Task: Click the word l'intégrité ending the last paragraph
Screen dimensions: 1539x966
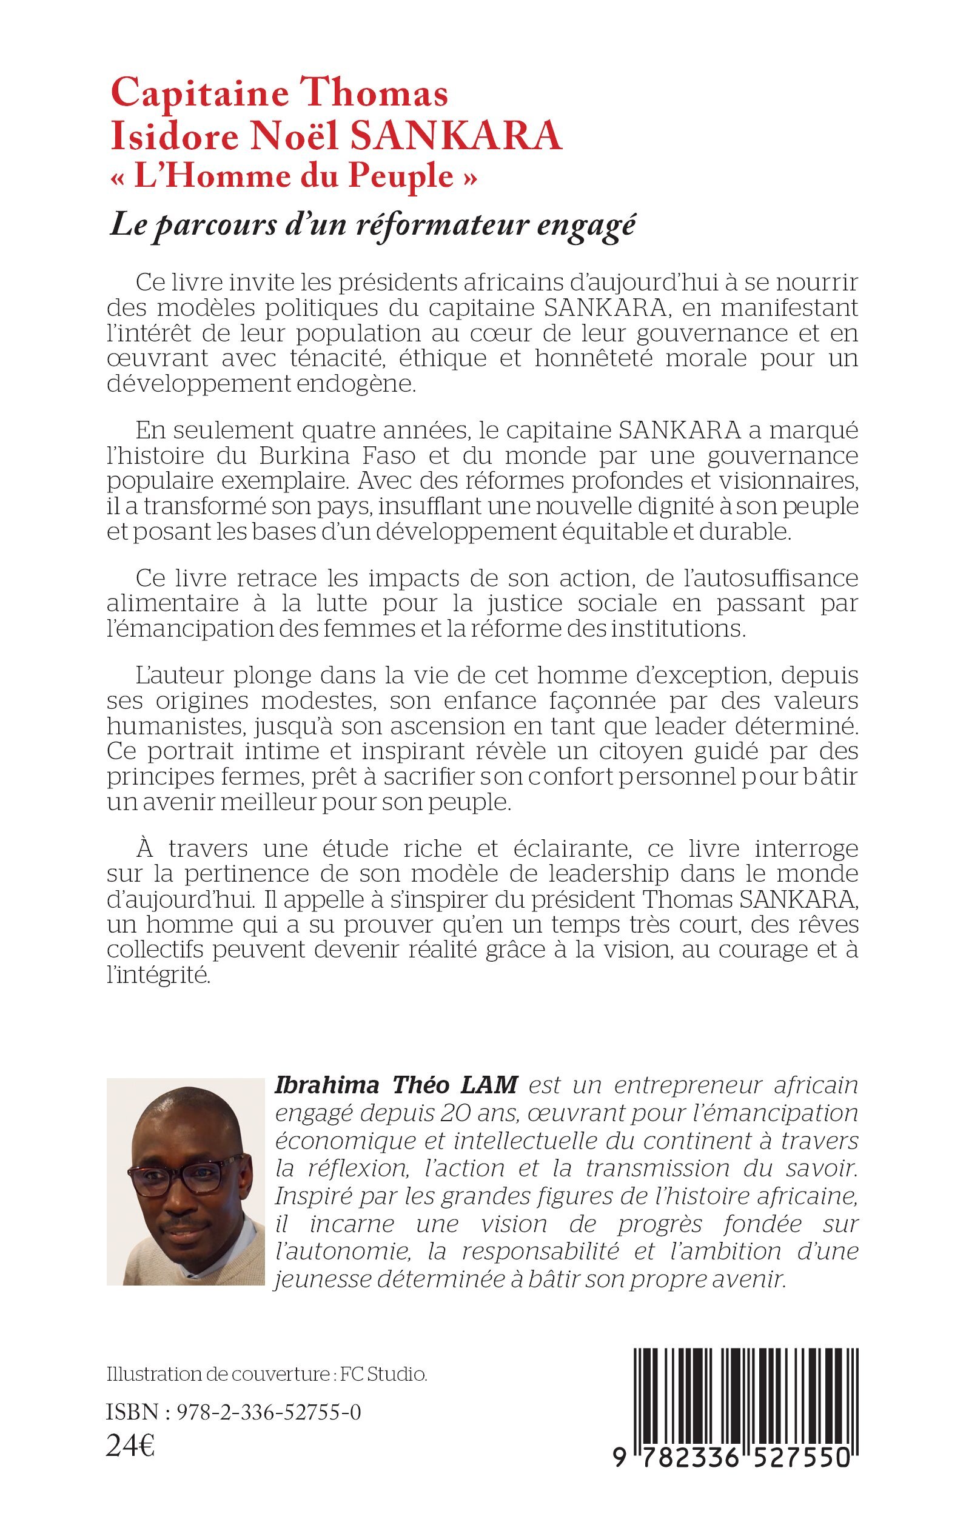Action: (x=158, y=975)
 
